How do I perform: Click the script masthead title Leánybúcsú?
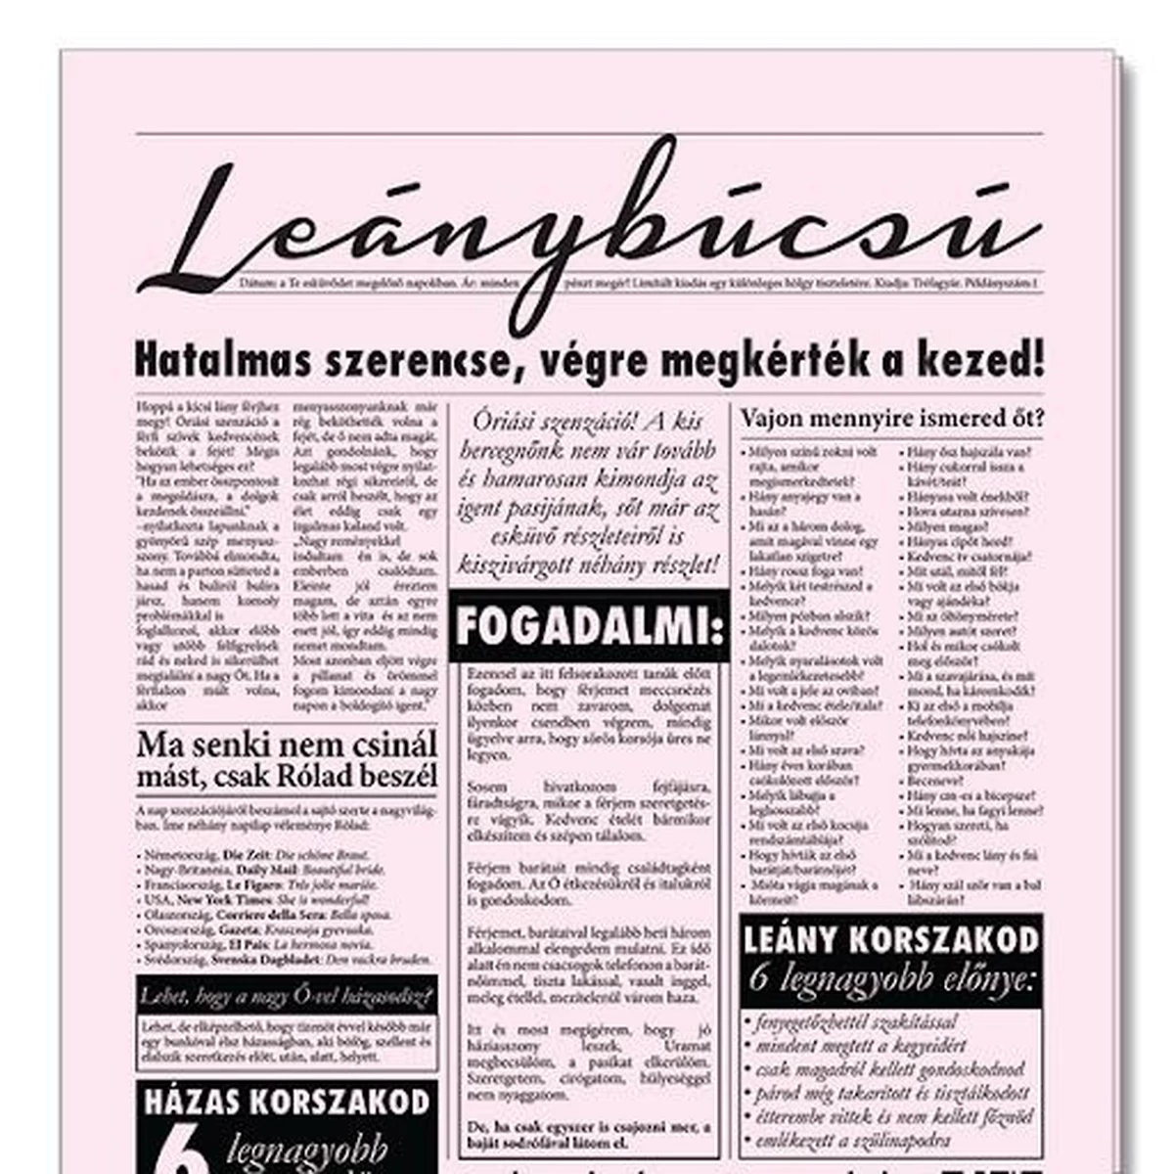click(587, 230)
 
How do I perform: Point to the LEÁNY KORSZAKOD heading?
click(890, 939)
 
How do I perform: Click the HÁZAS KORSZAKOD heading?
click(287, 1102)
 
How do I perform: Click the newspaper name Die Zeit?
click(244, 854)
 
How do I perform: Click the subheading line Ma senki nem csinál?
click(286, 744)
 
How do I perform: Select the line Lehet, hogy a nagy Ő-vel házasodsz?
click(286, 997)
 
